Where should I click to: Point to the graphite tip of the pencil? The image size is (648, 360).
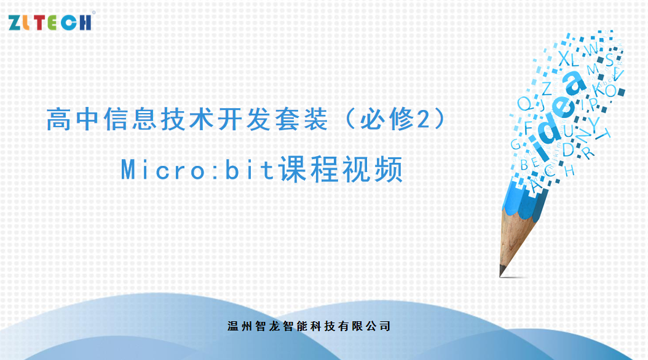(503, 271)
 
